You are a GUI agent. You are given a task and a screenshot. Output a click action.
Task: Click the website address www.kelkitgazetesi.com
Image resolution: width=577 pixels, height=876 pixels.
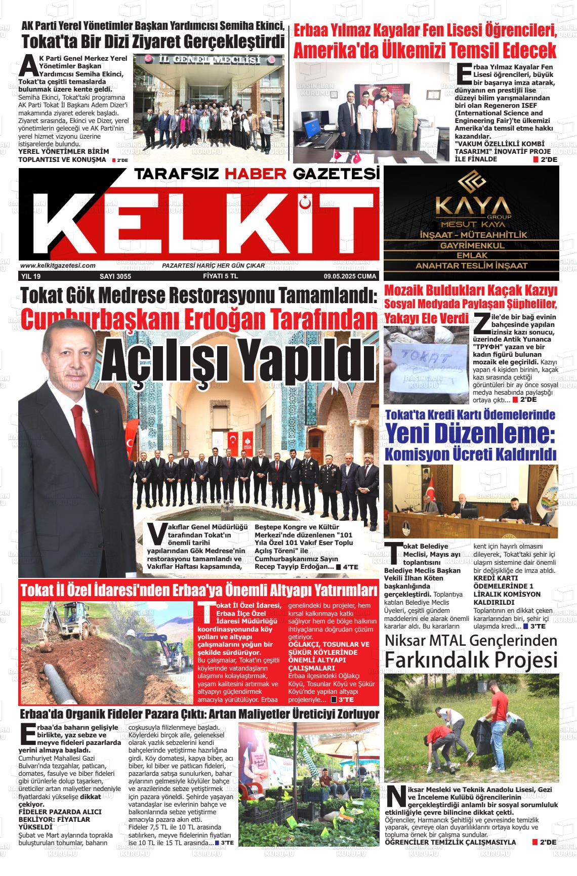pos(58,266)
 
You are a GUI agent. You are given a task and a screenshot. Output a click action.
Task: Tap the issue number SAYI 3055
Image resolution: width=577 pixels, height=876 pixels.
pos(115,277)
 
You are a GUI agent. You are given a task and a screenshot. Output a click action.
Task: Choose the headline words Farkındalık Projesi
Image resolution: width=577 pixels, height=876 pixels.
pos(471,660)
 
